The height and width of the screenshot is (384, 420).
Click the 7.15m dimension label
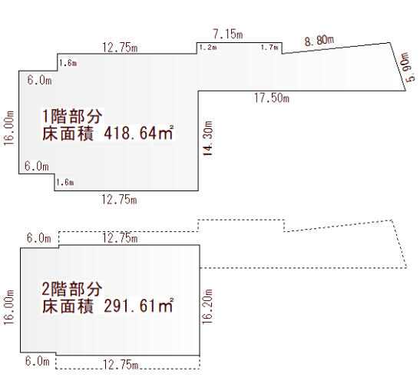click(x=228, y=34)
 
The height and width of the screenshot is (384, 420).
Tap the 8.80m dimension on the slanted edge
click(x=319, y=41)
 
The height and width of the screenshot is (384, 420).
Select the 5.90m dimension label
click(x=410, y=67)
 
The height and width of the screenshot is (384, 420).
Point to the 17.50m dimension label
click(x=272, y=98)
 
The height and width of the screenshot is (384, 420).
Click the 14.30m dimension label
click(x=208, y=138)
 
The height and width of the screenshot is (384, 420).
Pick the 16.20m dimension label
click(x=208, y=307)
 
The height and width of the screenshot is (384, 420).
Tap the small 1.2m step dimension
click(x=208, y=48)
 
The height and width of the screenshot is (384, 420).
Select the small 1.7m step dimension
click(x=270, y=48)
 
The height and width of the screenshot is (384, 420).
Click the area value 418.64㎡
click(x=139, y=133)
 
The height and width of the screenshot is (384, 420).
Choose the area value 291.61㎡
click(x=139, y=306)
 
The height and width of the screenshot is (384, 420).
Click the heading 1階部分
click(x=72, y=116)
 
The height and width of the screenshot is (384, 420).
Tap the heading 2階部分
click(x=72, y=289)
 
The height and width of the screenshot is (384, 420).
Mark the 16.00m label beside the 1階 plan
click(x=9, y=128)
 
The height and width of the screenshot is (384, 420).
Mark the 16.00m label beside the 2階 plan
click(x=9, y=307)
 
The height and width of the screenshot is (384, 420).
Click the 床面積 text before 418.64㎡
click(x=68, y=133)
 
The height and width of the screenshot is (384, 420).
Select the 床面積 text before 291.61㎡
click(x=68, y=306)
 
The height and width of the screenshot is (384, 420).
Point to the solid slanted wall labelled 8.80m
click(x=336, y=48)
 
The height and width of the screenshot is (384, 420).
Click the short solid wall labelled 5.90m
click(x=398, y=67)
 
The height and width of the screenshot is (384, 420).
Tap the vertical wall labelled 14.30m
click(x=198, y=141)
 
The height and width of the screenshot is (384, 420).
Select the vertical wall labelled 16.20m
click(x=200, y=300)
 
